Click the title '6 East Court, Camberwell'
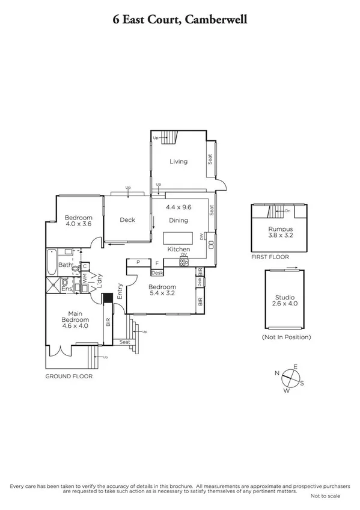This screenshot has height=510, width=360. click(x=180, y=20)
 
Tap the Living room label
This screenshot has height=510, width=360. click(x=178, y=161)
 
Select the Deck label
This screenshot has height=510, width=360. click(x=127, y=220)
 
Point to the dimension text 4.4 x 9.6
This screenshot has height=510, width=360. click(x=178, y=207)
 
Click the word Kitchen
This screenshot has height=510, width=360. click(x=178, y=249)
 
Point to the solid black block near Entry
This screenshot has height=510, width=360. click(x=108, y=299)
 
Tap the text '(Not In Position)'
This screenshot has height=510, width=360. click(x=286, y=337)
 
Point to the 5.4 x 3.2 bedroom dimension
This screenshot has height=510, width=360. click(x=162, y=295)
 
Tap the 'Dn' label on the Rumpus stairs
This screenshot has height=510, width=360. click(x=287, y=210)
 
